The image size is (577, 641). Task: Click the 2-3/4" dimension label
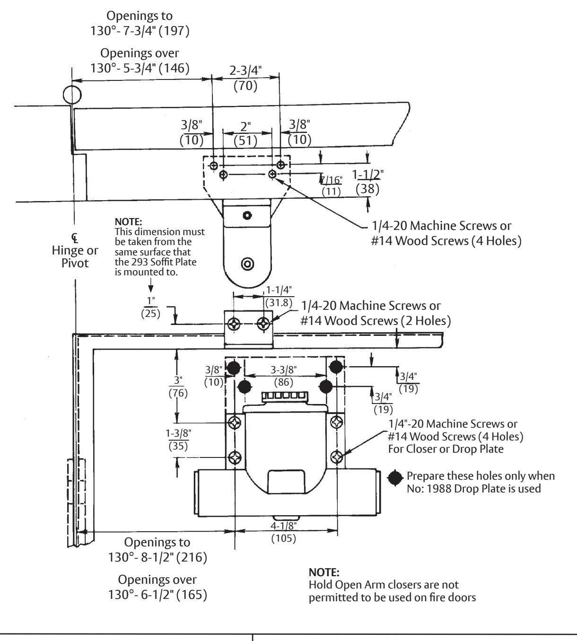pyautogui.click(x=245, y=70)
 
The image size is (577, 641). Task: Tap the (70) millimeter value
pyautogui.click(x=245, y=86)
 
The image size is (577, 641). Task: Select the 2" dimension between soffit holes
pyautogui.click(x=245, y=126)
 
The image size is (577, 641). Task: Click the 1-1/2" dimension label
pyautogui.click(x=367, y=175)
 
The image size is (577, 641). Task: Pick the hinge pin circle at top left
pyautogui.click(x=72, y=95)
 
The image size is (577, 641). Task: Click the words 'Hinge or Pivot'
pyautogui.click(x=75, y=256)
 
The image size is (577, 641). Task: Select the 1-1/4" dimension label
pyautogui.click(x=279, y=290)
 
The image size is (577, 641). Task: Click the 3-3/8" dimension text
pyautogui.click(x=284, y=370)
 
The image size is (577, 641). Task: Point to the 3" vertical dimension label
pyautogui.click(x=178, y=380)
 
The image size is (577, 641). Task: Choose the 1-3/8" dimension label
pyautogui.click(x=178, y=433)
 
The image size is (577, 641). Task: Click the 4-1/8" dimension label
pyautogui.click(x=284, y=526)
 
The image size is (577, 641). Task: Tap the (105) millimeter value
pyautogui.click(x=284, y=538)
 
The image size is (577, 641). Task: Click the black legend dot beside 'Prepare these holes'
pyautogui.click(x=395, y=478)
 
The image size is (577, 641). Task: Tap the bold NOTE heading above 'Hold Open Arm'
pyautogui.click(x=324, y=572)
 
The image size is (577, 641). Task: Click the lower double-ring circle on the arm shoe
pyautogui.click(x=247, y=264)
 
